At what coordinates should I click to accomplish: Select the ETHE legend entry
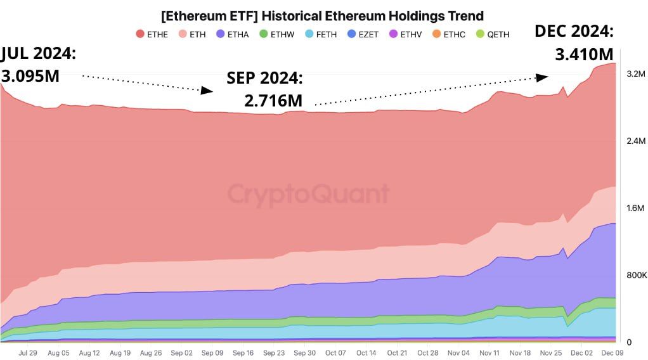click(x=152, y=34)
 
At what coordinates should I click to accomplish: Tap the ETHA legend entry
click(x=232, y=34)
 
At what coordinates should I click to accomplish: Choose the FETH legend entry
click(x=320, y=34)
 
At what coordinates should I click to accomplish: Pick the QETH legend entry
click(x=491, y=34)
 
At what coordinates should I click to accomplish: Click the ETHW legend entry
click(x=276, y=34)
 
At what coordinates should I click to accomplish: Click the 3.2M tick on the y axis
click(x=636, y=74)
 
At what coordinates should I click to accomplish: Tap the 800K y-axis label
click(x=636, y=275)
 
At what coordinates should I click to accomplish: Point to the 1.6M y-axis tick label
click(x=636, y=209)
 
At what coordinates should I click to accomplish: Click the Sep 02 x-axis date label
click(x=181, y=353)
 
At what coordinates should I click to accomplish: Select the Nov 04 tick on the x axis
click(x=459, y=353)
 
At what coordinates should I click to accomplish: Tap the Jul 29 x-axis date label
click(x=27, y=353)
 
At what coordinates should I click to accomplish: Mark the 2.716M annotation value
click(x=273, y=100)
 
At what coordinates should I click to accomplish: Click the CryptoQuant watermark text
click(x=308, y=194)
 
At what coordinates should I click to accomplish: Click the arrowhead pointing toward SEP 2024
click(x=207, y=91)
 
